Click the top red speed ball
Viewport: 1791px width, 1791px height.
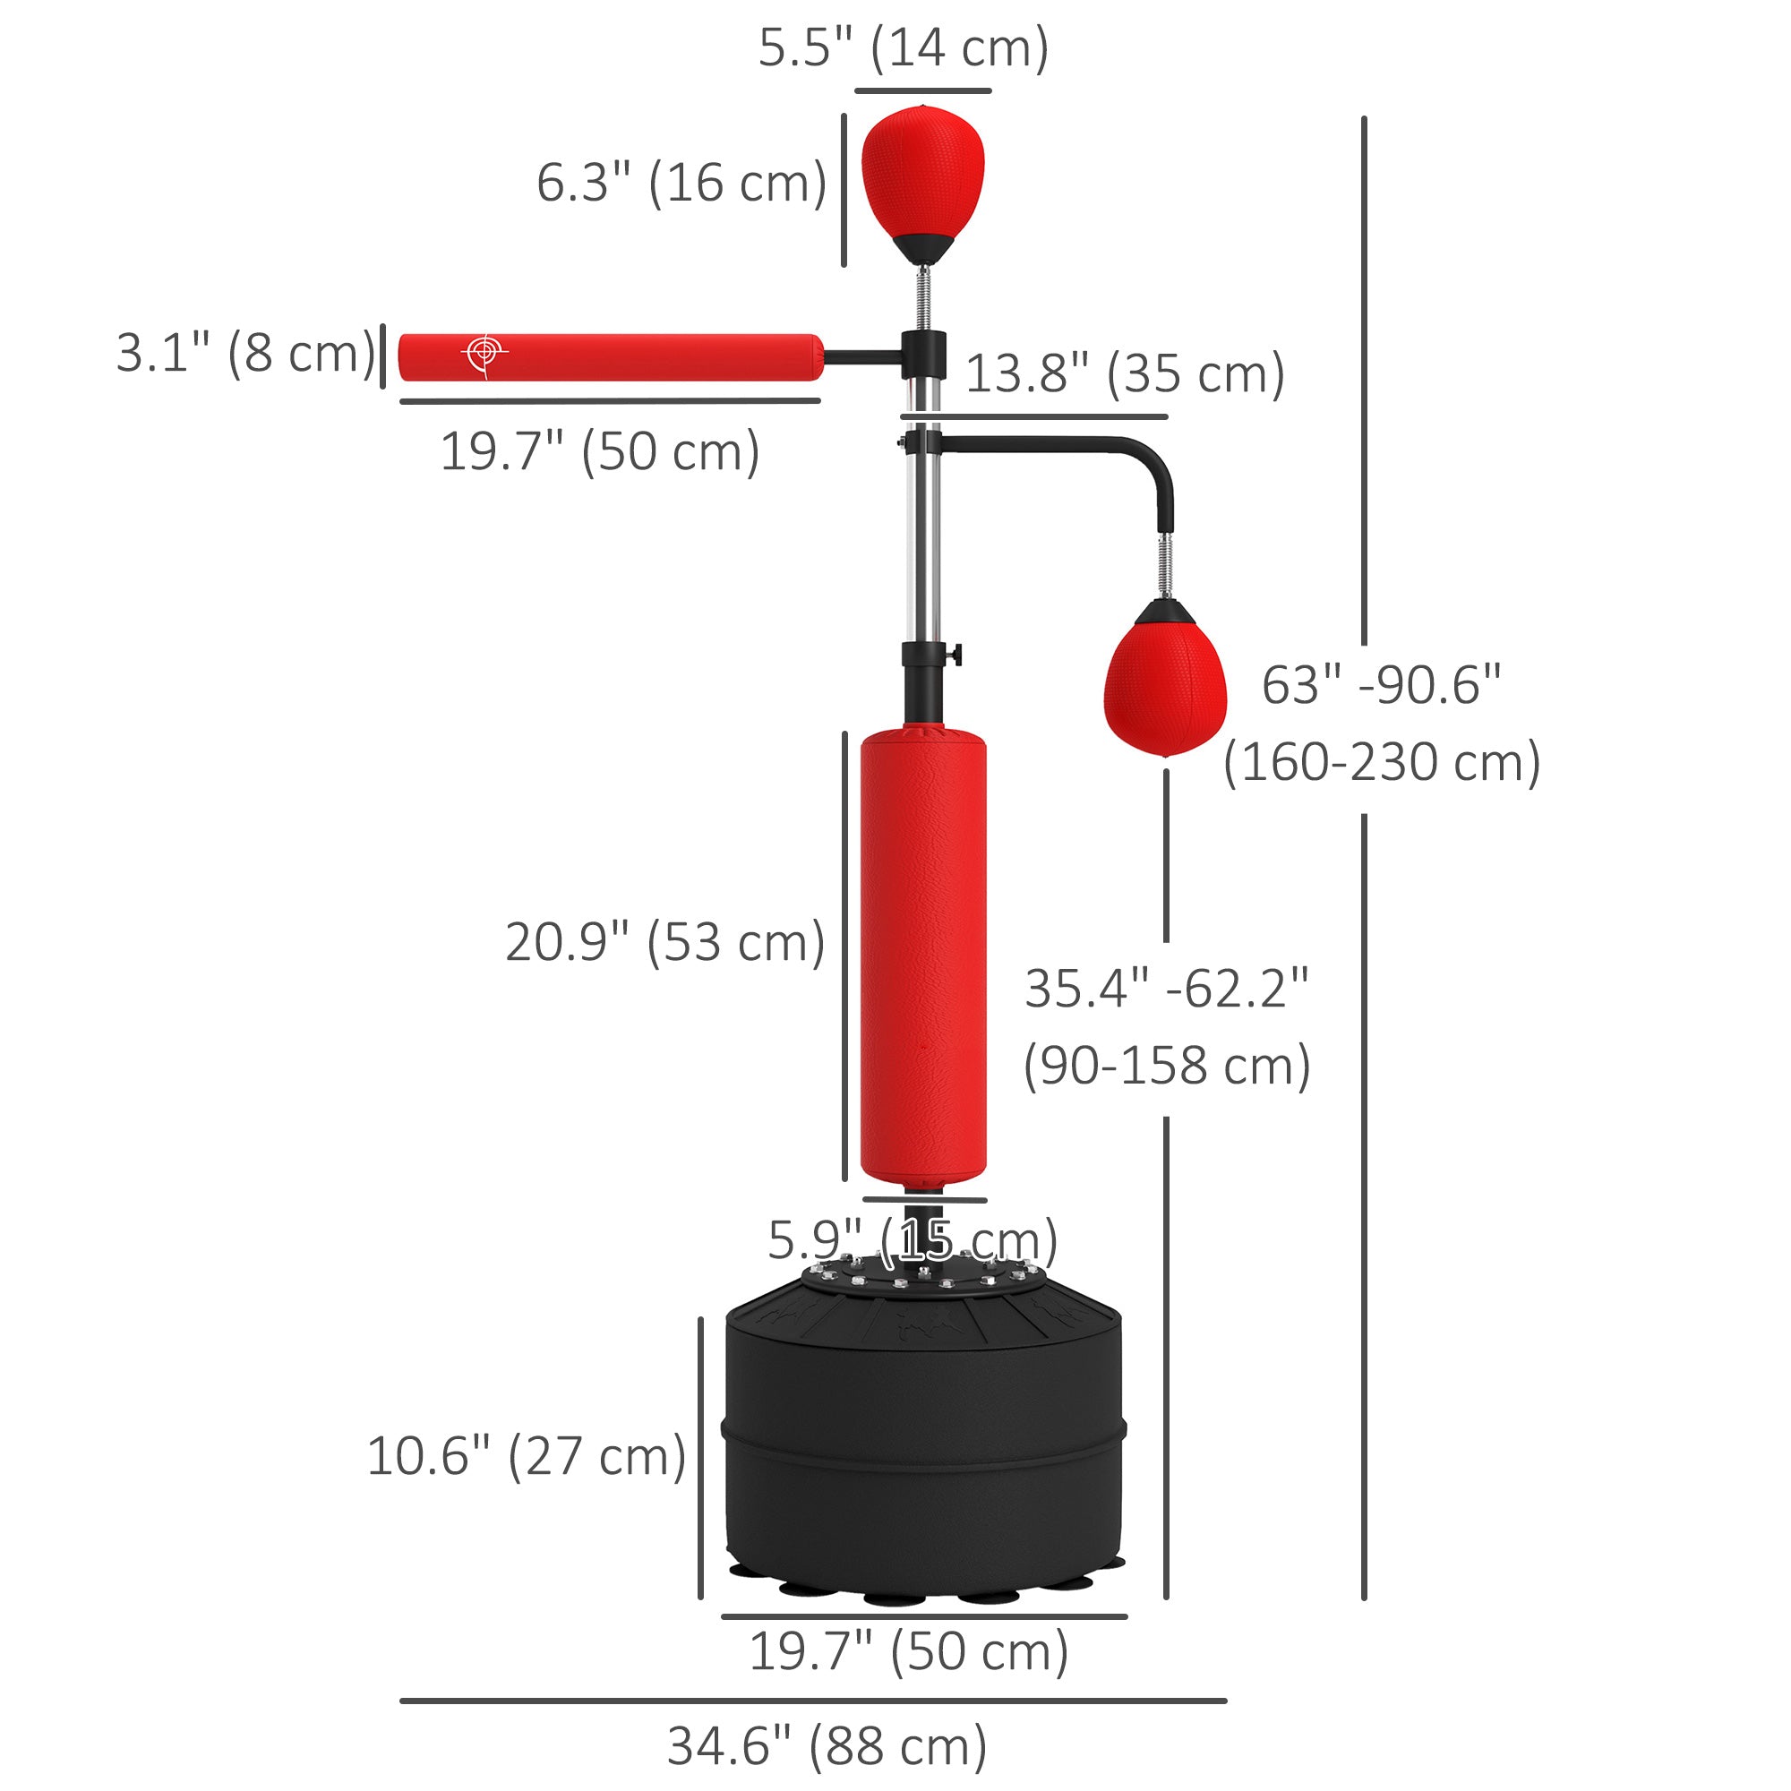(x=922, y=176)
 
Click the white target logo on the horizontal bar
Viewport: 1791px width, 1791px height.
(x=483, y=354)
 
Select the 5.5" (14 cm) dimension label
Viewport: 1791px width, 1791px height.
(x=903, y=48)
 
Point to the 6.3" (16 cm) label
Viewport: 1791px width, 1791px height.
(x=681, y=183)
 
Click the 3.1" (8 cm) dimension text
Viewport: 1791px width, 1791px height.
(x=245, y=354)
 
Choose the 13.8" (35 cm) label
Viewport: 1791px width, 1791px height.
(x=1125, y=373)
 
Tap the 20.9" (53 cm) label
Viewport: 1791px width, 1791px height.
(x=664, y=943)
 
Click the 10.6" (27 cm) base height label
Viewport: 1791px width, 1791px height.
(x=526, y=1456)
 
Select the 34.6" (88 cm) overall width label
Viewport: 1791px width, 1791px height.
(x=827, y=1746)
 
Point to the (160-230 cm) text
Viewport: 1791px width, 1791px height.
(x=1381, y=762)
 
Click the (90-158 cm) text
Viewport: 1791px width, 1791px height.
(x=1166, y=1065)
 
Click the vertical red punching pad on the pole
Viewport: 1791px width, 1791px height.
(x=923, y=959)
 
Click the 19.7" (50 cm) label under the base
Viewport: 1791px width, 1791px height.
(x=908, y=1652)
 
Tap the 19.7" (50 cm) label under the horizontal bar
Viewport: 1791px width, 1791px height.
(x=600, y=452)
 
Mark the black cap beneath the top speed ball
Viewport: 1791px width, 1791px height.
(x=923, y=248)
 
